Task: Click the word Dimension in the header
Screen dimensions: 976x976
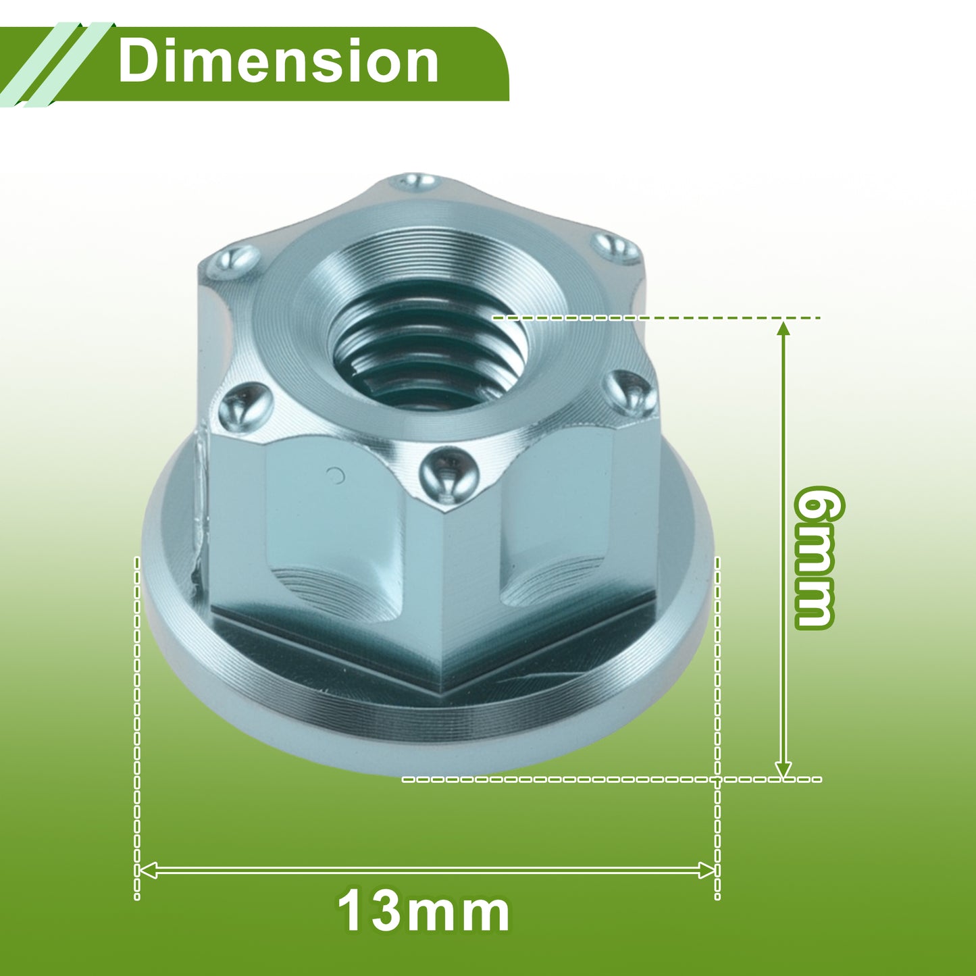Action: point(278,61)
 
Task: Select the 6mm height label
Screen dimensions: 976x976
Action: point(815,558)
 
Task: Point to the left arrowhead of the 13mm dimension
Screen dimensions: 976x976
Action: point(147,870)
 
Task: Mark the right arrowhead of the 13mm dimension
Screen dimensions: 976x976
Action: point(707,870)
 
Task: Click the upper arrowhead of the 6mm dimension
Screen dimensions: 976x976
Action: point(784,328)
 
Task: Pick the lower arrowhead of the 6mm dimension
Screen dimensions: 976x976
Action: point(784,769)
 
